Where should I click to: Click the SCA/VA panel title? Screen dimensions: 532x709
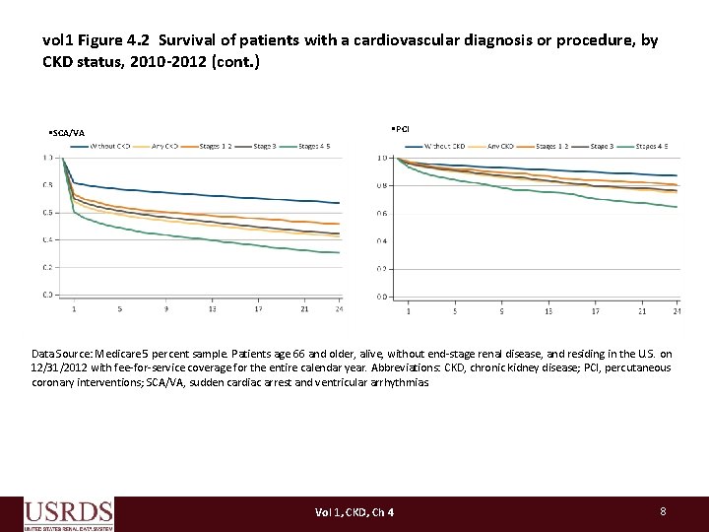click(67, 133)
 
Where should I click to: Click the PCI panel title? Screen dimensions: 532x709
click(401, 129)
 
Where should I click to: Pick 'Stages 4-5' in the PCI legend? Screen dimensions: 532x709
click(652, 147)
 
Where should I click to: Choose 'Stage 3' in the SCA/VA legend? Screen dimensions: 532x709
click(263, 147)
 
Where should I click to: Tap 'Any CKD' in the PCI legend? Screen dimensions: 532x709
click(502, 147)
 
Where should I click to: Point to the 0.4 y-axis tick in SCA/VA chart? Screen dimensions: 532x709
click(47, 239)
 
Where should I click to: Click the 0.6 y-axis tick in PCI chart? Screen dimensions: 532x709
click(382, 214)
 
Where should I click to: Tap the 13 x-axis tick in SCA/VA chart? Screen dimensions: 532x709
click(213, 308)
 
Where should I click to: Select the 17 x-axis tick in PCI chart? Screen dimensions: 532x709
click(595, 311)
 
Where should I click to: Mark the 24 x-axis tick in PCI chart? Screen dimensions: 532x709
click(677, 311)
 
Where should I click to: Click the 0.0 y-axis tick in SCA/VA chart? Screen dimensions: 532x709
click(47, 295)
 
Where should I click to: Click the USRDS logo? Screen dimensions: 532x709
click(68, 514)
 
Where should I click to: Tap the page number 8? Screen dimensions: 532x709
click(664, 511)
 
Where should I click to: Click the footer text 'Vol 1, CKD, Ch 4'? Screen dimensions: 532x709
click(354, 512)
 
